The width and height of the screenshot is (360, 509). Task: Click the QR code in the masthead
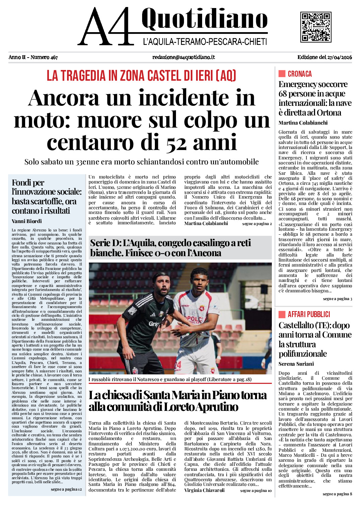click(316, 27)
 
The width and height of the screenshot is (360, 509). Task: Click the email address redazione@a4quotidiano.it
click(183, 57)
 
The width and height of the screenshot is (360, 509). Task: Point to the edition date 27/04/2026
click(339, 57)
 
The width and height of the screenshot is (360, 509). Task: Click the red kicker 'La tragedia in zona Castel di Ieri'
click(141, 76)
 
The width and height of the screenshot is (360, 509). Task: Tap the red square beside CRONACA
click(282, 74)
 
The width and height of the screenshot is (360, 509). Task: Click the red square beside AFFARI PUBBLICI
click(282, 314)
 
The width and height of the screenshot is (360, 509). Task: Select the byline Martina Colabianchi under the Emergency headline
click(303, 123)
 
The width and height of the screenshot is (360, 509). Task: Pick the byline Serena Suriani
click(296, 364)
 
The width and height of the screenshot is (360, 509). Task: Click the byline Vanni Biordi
click(27, 221)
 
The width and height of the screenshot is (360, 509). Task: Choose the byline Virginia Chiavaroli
click(204, 490)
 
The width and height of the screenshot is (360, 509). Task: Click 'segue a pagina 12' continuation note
click(66, 489)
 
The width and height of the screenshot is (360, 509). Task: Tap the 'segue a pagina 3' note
click(337, 299)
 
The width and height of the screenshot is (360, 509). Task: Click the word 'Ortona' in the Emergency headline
click(328, 113)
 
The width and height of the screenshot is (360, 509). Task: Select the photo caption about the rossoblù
click(170, 379)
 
